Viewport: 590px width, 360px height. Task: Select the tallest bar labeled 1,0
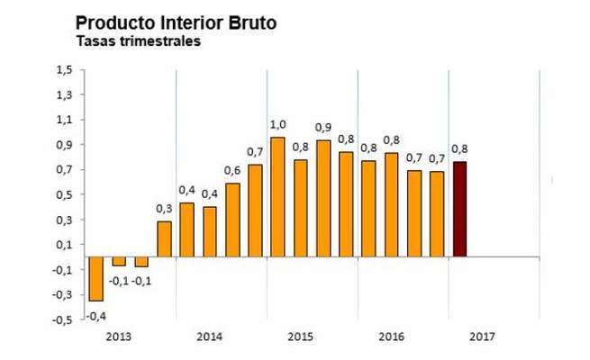pyautogui.click(x=278, y=198)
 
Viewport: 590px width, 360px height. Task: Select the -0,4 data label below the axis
pyautogui.click(x=96, y=315)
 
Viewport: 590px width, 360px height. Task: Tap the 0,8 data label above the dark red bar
pyautogui.click(x=459, y=149)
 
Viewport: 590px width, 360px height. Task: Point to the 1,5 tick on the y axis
pyautogui.click(x=65, y=69)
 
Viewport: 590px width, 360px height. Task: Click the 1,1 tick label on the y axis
pyautogui.click(x=65, y=120)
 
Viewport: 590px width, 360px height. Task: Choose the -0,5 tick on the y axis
pyautogui.click(x=63, y=319)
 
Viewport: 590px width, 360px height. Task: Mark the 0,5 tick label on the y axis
pyautogui.click(x=65, y=194)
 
